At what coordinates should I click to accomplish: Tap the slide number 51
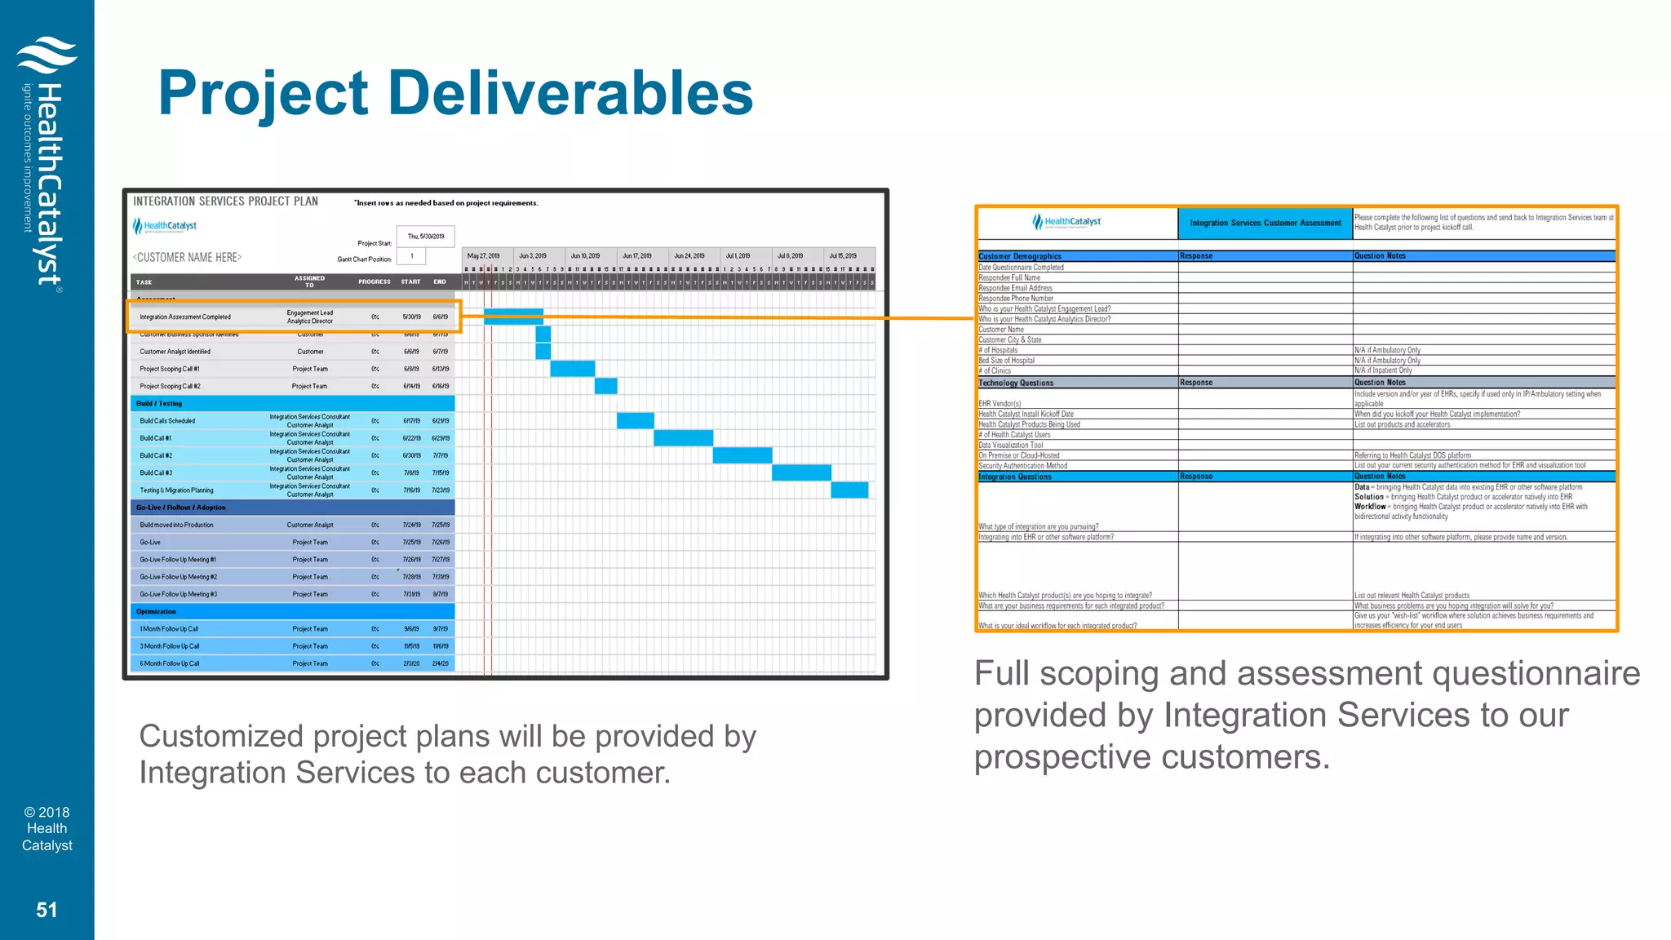(47, 910)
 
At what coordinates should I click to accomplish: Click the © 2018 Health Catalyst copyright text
(47, 828)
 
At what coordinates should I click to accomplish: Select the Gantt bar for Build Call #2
(742, 455)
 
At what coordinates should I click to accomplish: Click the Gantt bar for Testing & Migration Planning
(849, 490)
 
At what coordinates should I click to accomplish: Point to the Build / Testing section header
(159, 404)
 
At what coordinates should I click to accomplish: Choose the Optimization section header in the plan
(156, 611)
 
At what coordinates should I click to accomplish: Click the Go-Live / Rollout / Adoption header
(181, 508)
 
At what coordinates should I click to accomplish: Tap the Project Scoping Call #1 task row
(170, 369)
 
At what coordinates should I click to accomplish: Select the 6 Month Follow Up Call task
(170, 663)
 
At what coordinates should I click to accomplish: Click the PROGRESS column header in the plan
(374, 282)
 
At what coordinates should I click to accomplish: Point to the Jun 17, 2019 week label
(636, 256)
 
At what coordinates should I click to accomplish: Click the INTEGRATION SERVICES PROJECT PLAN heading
(225, 202)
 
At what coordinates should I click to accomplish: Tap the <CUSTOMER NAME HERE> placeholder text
(187, 257)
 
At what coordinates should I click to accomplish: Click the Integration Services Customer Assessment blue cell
(1265, 223)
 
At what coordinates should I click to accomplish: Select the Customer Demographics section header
(1020, 256)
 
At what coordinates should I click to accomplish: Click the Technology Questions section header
(1016, 383)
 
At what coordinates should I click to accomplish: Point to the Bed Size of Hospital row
(1006, 360)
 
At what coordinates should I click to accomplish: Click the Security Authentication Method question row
(1022, 466)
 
